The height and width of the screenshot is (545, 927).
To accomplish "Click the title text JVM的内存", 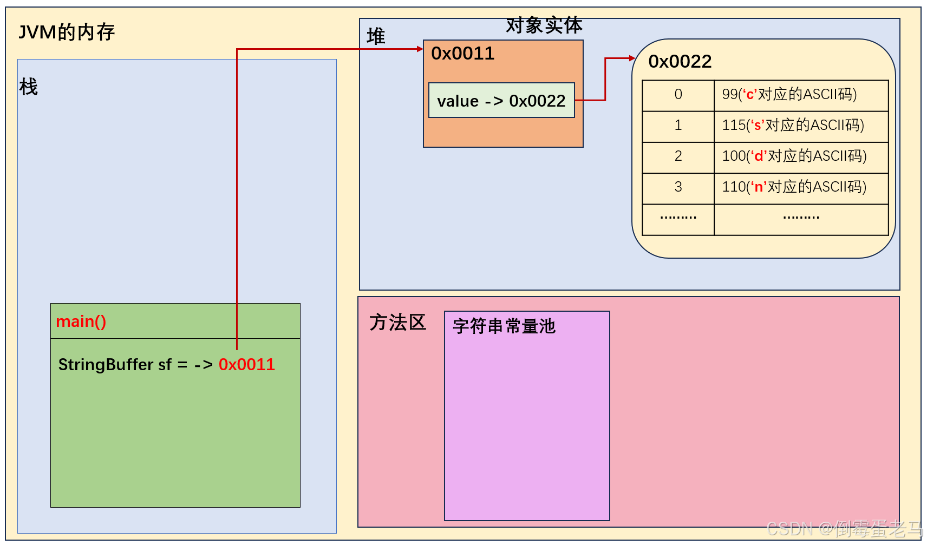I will tap(67, 32).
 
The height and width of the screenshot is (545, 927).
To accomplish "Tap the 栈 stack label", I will tap(28, 87).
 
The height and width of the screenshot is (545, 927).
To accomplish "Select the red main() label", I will tap(81, 321).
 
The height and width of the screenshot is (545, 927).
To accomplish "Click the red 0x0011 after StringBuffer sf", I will tap(247, 365).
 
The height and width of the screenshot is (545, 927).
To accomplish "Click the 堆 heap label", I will tap(376, 37).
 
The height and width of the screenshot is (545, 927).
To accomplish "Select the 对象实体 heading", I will tap(544, 25).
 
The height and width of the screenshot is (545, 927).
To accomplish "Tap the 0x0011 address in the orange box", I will tap(462, 54).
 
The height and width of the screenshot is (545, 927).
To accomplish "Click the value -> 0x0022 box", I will tap(501, 101).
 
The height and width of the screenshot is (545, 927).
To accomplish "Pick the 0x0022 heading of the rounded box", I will tap(680, 62).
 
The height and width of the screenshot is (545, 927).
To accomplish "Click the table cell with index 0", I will tap(678, 95).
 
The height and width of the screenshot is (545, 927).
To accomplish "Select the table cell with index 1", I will tap(678, 126).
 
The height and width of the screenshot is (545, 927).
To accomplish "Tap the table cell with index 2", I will tap(678, 156).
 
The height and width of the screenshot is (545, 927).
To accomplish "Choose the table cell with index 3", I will tap(678, 187).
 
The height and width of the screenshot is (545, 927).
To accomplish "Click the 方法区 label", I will tap(397, 323).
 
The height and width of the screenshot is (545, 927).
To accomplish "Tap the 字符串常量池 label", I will tap(504, 326).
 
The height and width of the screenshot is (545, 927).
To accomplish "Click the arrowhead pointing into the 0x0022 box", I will tap(632, 58).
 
